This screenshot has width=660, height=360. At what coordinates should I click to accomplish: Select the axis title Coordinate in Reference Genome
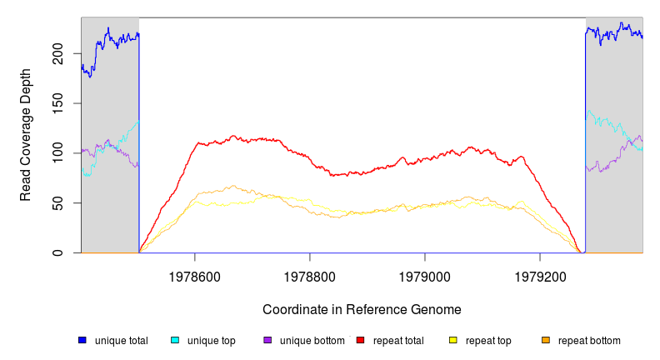click(362, 309)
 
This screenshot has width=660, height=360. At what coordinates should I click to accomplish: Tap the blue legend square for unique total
click(82, 340)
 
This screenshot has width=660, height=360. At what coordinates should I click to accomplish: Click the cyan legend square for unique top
click(175, 340)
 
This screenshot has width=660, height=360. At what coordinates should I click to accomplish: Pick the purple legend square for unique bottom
click(267, 340)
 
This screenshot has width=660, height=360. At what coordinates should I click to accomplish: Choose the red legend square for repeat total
click(360, 340)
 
